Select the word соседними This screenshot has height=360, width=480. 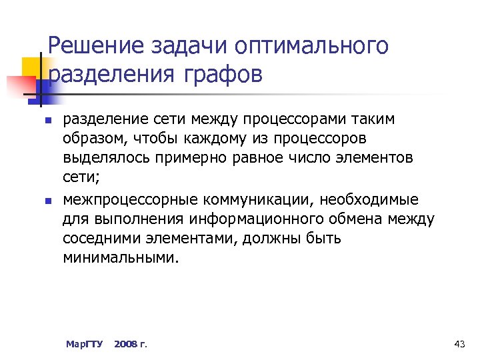[101, 238]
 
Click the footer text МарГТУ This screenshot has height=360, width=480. [85, 344]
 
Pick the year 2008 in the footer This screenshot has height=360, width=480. [126, 344]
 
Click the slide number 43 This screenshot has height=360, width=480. [459, 344]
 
